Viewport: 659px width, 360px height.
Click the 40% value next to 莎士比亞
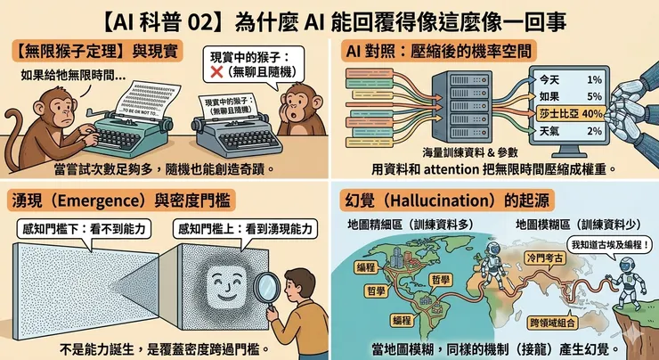592,113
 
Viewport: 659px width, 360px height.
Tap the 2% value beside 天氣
595,131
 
